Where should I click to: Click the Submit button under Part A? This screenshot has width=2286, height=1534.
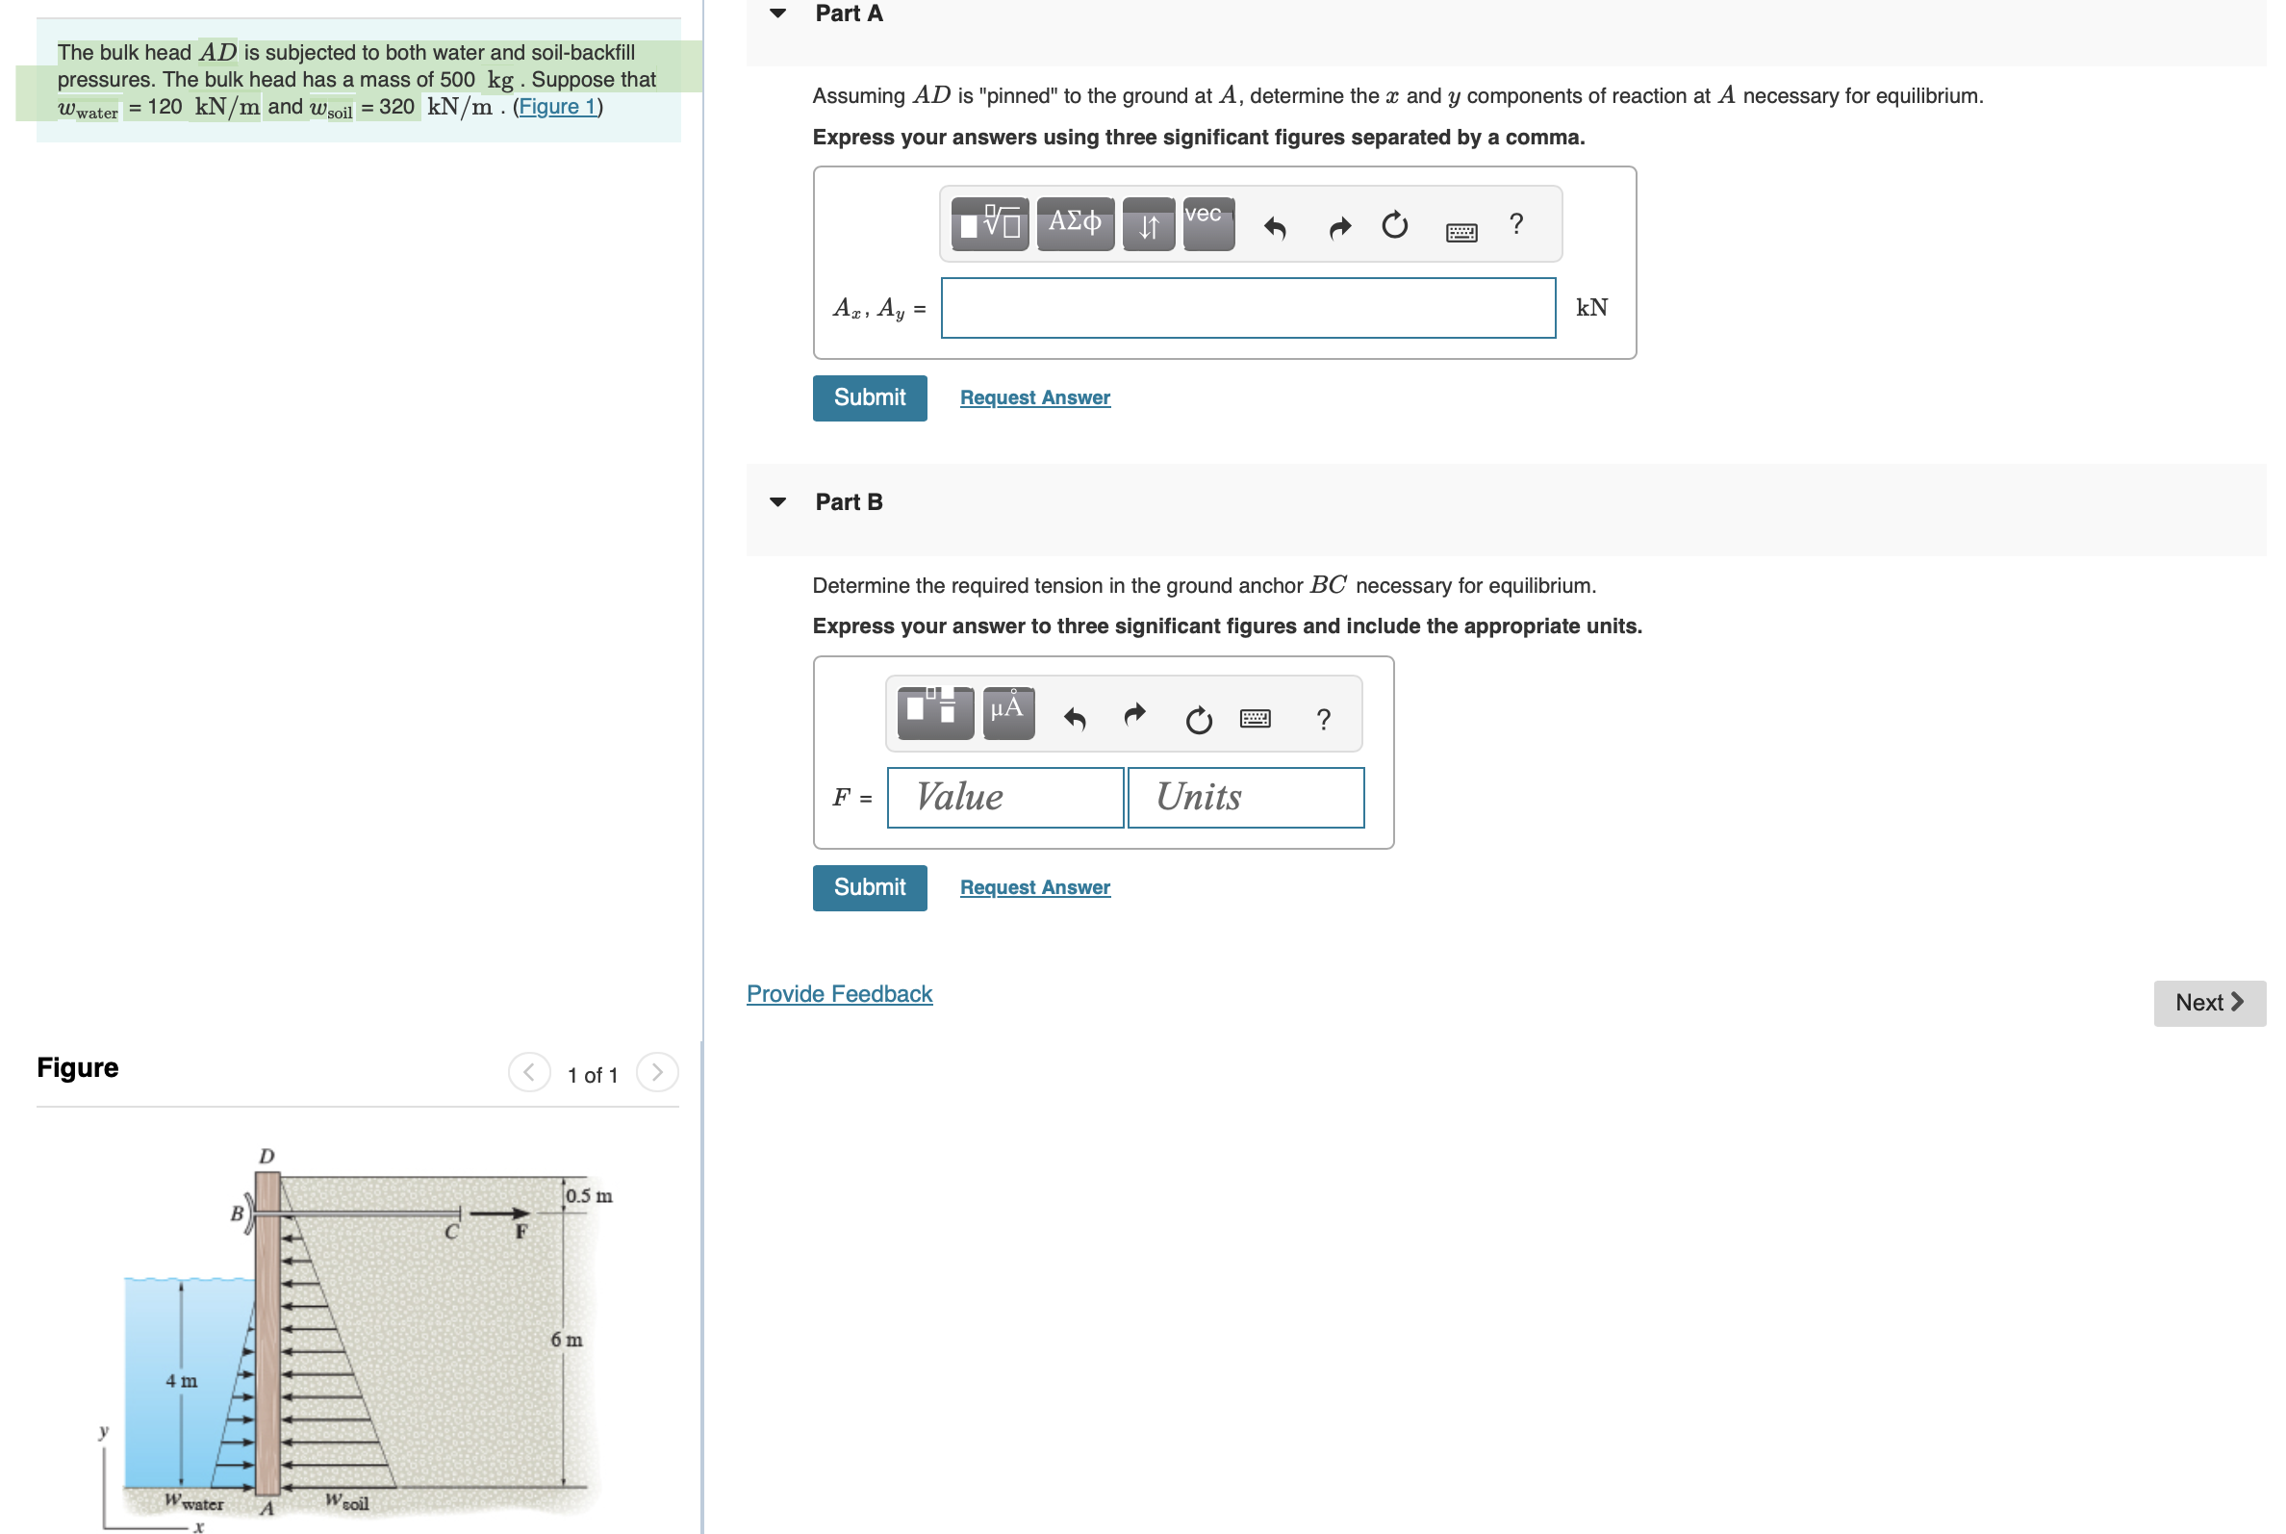click(869, 397)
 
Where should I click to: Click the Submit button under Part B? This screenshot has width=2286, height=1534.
click(869, 887)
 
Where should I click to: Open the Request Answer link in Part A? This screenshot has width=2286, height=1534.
click(1034, 397)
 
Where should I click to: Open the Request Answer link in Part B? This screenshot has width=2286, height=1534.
click(1034, 887)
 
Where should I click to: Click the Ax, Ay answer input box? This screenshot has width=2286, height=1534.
click(1247, 308)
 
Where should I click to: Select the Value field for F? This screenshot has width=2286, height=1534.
click(1004, 798)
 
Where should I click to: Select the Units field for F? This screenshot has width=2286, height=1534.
click(1244, 798)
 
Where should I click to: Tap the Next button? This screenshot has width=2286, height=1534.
click(2208, 1003)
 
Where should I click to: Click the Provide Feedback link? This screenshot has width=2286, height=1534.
click(838, 994)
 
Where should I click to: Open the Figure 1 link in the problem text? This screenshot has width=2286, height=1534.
click(556, 107)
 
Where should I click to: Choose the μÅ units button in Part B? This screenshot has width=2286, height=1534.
click(1007, 711)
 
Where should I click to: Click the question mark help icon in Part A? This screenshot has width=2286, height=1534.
click(1515, 224)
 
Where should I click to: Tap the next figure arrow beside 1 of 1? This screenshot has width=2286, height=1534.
click(656, 1072)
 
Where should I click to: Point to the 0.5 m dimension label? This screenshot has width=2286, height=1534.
click(589, 1195)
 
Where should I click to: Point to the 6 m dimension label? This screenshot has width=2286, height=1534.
click(567, 1340)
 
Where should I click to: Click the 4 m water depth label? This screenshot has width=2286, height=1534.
click(181, 1380)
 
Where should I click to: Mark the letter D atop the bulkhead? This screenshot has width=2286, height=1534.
click(267, 1157)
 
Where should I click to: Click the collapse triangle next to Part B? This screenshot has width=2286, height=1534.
click(777, 502)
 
